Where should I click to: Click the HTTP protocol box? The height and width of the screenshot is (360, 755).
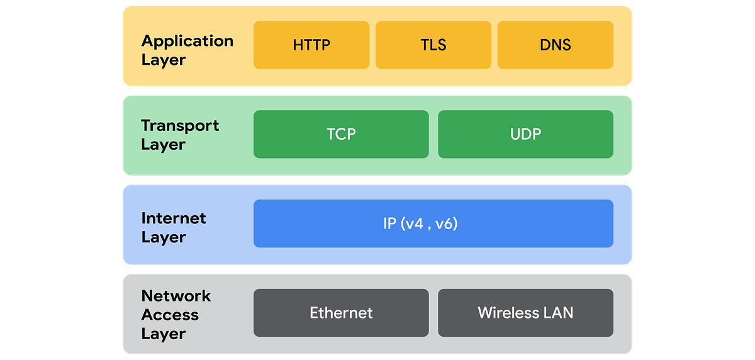point(311,45)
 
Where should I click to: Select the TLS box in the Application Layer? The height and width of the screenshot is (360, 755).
point(433,45)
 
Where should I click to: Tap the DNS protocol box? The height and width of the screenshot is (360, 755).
point(555,45)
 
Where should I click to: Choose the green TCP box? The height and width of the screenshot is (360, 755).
point(341,134)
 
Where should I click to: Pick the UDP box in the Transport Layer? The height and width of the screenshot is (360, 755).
point(525,134)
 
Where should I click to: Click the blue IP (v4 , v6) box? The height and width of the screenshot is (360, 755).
point(433,223)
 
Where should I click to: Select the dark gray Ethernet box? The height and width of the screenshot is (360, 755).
point(341,313)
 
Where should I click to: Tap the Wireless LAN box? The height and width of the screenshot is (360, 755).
point(525,313)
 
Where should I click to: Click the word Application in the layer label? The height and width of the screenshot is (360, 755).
point(187,42)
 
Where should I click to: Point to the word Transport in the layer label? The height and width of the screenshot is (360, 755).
point(180,125)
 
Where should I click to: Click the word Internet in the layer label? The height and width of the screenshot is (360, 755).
point(174,218)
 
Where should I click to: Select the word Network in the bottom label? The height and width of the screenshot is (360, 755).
point(176,296)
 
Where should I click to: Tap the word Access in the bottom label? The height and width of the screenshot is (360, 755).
point(170,315)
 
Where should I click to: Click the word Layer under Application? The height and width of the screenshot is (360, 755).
point(163,60)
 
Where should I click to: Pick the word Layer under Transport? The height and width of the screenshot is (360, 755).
point(163,144)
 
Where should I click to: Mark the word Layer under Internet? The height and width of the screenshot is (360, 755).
point(163,237)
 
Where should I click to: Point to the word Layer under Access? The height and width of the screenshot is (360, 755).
point(163,334)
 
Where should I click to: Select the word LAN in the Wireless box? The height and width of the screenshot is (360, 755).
point(559,313)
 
